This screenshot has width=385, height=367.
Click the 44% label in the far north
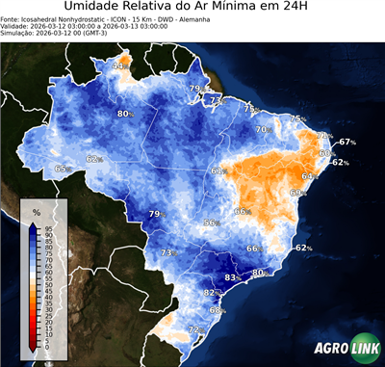(x=120, y=66)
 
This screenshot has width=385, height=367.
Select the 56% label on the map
(x=211, y=223)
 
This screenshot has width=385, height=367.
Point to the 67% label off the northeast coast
(x=346, y=142)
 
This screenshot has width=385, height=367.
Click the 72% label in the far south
(x=194, y=329)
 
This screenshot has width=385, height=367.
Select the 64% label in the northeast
(x=309, y=176)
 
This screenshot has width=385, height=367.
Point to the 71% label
(x=218, y=100)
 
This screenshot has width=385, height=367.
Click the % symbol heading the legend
(x=36, y=211)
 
